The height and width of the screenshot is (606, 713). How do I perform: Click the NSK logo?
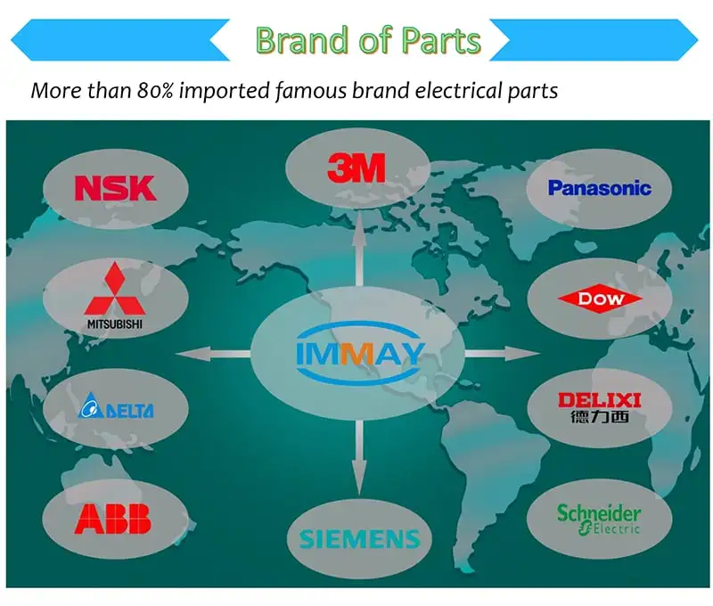[115, 188]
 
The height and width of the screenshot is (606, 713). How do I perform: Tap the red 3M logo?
[356, 167]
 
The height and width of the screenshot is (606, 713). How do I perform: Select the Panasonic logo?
[599, 188]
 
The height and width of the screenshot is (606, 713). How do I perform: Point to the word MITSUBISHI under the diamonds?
[114, 323]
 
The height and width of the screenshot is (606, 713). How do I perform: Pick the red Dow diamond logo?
[601, 299]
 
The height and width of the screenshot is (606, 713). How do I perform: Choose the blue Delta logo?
[116, 410]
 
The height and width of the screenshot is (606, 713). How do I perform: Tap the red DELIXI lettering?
[599, 400]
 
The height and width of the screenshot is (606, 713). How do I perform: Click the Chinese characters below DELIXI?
[599, 417]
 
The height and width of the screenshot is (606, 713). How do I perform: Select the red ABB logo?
[113, 518]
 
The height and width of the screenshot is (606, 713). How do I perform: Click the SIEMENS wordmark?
[359, 539]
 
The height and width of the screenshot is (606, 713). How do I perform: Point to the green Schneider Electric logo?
[599, 519]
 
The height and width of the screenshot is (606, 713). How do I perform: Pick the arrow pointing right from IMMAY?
[502, 354]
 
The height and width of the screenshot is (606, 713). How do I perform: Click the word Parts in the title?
[438, 40]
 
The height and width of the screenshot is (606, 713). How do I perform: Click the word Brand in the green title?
[302, 40]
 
